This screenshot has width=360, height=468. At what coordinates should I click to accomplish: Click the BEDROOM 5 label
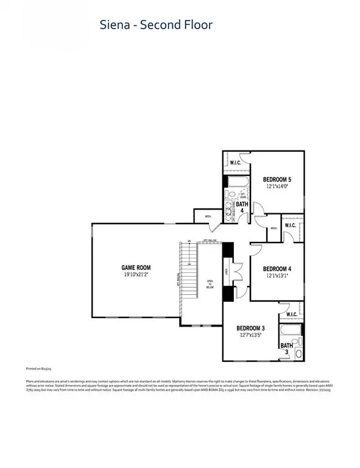click(277, 179)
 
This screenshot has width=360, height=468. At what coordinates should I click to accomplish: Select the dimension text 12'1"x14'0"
click(277, 187)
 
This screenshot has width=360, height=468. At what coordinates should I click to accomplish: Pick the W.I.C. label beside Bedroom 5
click(236, 162)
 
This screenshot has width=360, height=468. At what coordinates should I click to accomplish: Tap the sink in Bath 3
click(297, 353)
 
